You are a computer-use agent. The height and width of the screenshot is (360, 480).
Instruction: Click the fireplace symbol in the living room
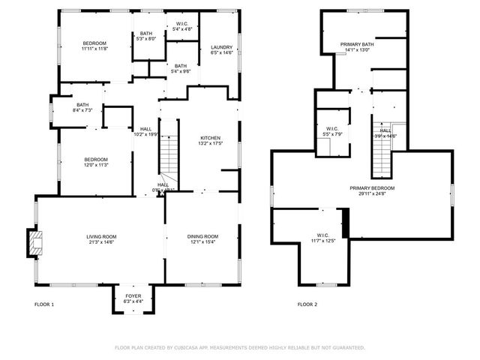click(35, 241)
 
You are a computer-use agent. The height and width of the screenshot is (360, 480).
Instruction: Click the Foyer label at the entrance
click(133, 298)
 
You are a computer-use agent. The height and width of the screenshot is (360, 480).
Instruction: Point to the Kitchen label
click(210, 140)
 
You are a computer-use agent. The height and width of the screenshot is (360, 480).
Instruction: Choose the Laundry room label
click(222, 49)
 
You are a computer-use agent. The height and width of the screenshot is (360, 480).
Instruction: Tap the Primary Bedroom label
click(372, 190)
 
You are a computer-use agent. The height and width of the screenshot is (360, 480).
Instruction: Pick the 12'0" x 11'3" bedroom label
click(96, 162)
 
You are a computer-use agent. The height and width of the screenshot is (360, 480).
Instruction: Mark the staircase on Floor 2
click(383, 155)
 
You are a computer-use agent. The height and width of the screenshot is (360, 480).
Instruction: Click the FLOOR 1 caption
click(44, 304)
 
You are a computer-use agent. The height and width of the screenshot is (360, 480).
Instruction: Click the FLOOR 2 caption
click(307, 304)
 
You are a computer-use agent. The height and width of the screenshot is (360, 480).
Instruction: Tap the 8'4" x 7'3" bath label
click(82, 107)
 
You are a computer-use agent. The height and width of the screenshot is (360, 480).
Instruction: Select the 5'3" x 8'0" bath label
click(145, 36)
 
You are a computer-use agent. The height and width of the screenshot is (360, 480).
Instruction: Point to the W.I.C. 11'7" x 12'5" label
click(323, 237)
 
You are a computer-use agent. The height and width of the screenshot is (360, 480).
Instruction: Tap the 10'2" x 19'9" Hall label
click(145, 132)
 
